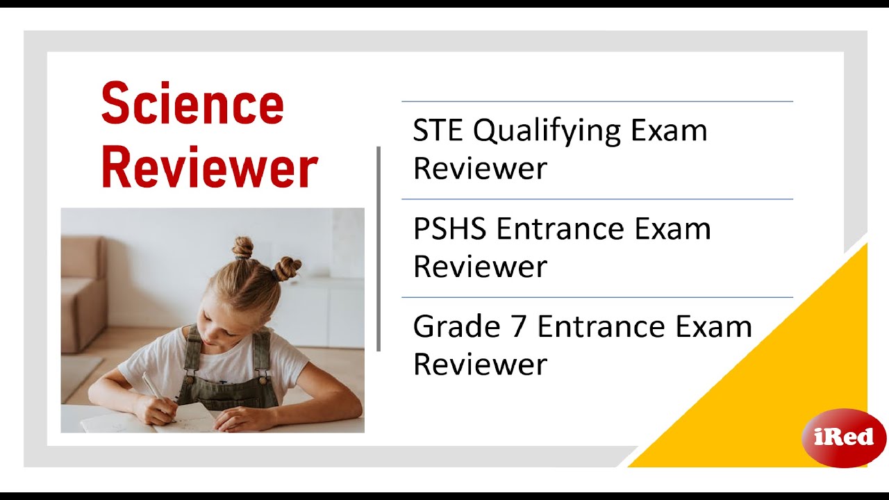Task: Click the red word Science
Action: click(192, 104)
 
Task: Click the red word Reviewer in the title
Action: click(209, 167)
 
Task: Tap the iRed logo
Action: click(843, 437)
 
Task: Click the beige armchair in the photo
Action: click(83, 292)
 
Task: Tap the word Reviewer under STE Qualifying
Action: click(480, 168)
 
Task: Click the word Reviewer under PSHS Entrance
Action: click(480, 266)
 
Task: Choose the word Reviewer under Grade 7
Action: click(480, 364)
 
